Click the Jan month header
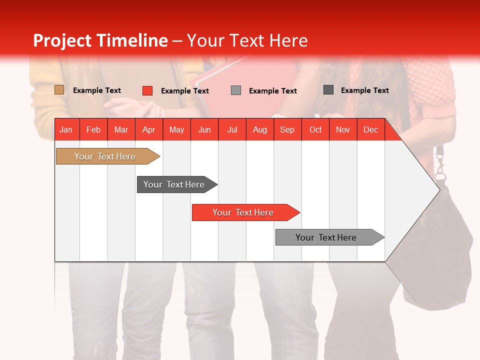pyautogui.click(x=66, y=130)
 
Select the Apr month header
pyautogui.click(x=148, y=130)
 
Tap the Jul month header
pyautogui.click(x=232, y=130)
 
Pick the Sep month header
pyautogui.click(x=287, y=130)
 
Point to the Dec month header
pyautogui.click(x=370, y=130)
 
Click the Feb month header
pyautogui.click(x=93, y=130)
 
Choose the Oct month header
pyautogui.click(x=315, y=130)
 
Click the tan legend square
pyautogui.click(x=59, y=90)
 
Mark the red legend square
pyautogui.click(x=147, y=90)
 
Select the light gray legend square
pyautogui.click(x=236, y=90)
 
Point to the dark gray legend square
pyautogui.click(x=328, y=90)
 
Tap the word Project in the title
pyautogui.click(x=62, y=40)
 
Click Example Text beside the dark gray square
pyautogui.click(x=364, y=90)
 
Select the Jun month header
pyautogui.click(x=204, y=130)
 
